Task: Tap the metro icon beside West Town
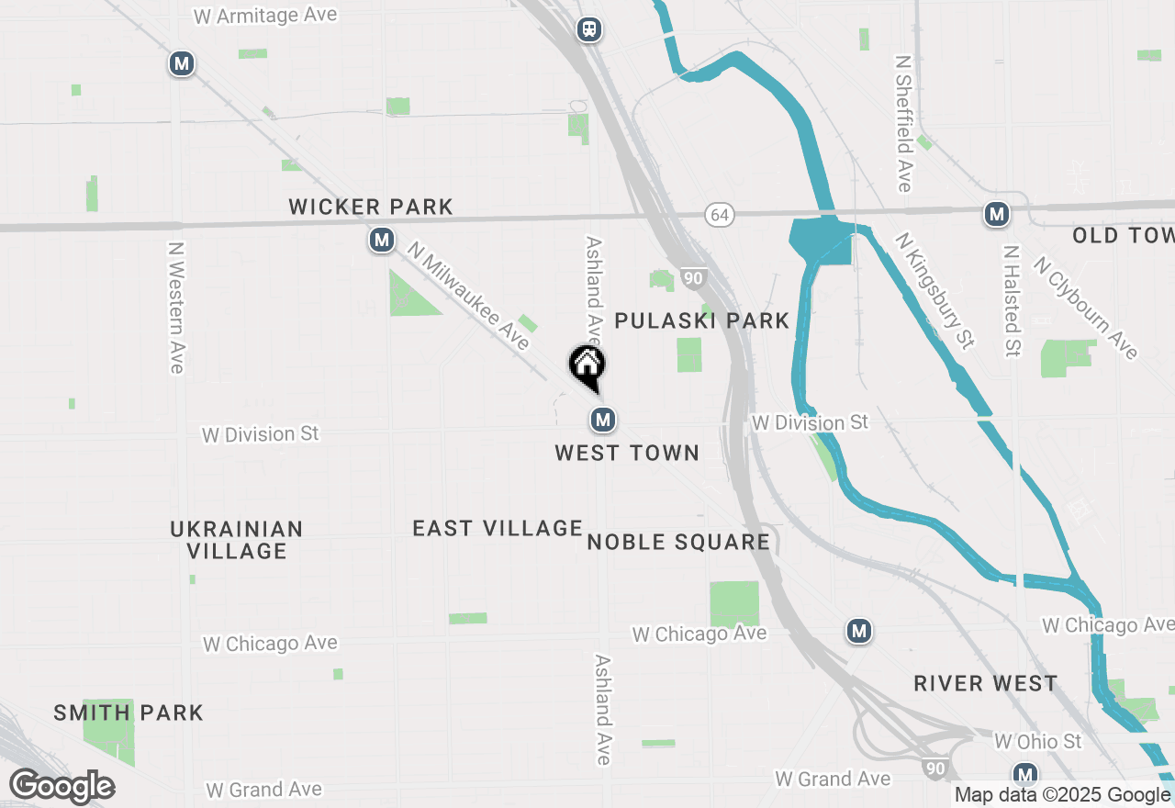pos(602,421)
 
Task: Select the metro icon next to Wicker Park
pos(381,241)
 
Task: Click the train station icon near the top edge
pos(588,29)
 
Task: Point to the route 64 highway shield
pos(720,215)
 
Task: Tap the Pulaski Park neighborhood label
pos(702,320)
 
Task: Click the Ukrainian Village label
pos(237,540)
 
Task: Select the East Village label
pos(498,528)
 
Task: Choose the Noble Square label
pos(678,542)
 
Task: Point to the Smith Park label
pos(129,713)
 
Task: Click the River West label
pos(986,684)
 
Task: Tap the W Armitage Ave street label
pos(266,16)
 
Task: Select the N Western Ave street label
pos(177,308)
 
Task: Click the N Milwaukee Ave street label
pos(469,296)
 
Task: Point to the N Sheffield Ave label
pos(904,123)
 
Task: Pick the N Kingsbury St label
pos(934,290)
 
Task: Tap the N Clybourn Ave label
pos(1085,308)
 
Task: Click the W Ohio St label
pos(1038,740)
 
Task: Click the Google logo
pos(62,786)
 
